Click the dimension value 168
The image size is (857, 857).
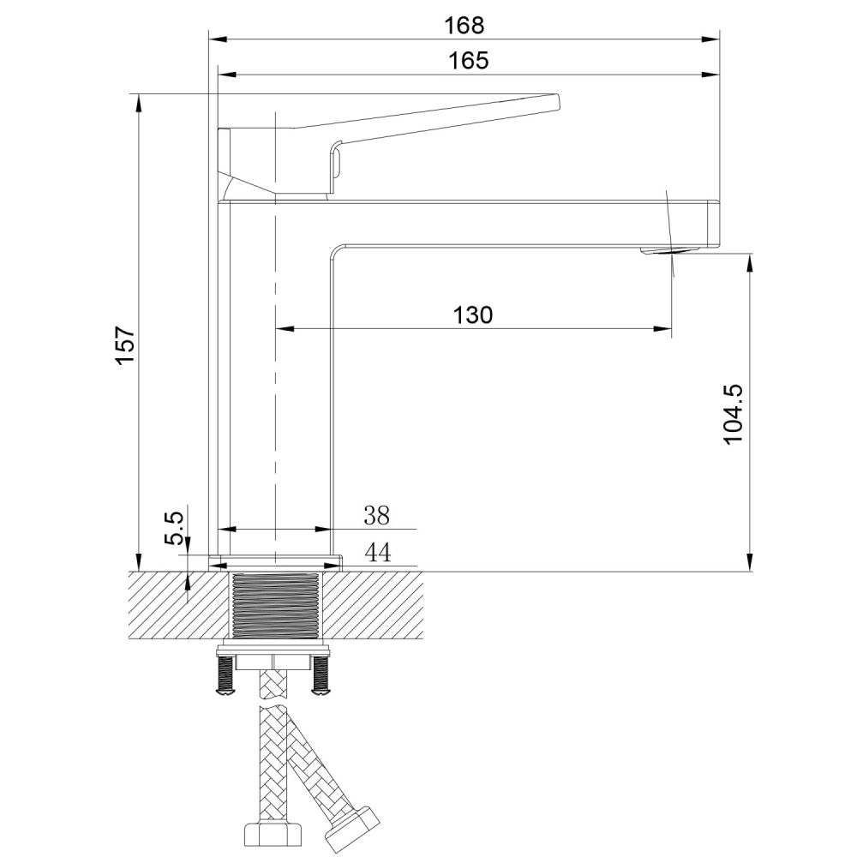point(464,25)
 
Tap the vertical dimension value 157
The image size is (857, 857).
point(126,345)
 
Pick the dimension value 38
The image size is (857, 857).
point(376,515)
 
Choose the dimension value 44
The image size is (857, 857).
point(377,553)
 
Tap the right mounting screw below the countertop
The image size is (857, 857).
point(321,677)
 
